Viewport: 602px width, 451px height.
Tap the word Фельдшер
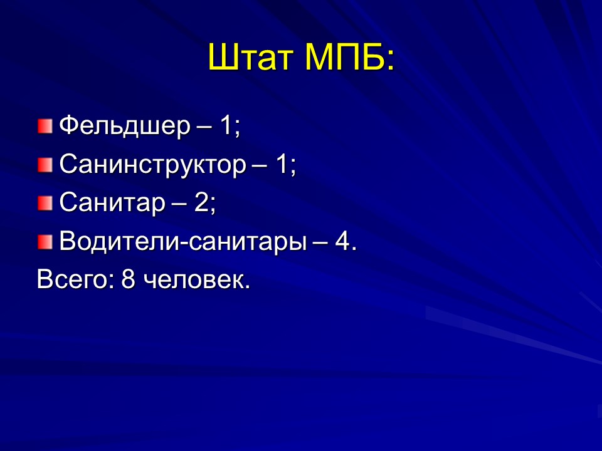pyautogui.click(x=124, y=127)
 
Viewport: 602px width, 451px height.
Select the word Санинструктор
pyautogui.click(x=153, y=165)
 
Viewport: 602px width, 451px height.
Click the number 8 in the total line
pyautogui.click(x=129, y=279)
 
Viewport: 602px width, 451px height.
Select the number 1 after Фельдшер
pyautogui.click(x=226, y=127)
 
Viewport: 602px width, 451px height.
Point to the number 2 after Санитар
pyautogui.click(x=201, y=203)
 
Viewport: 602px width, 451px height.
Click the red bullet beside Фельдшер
pyautogui.click(x=45, y=127)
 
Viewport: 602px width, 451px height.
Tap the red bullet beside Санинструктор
pyautogui.click(x=45, y=165)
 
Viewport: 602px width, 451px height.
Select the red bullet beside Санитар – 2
pyautogui.click(x=45, y=204)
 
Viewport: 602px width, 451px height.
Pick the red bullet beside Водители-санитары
pyautogui.click(x=45, y=242)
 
